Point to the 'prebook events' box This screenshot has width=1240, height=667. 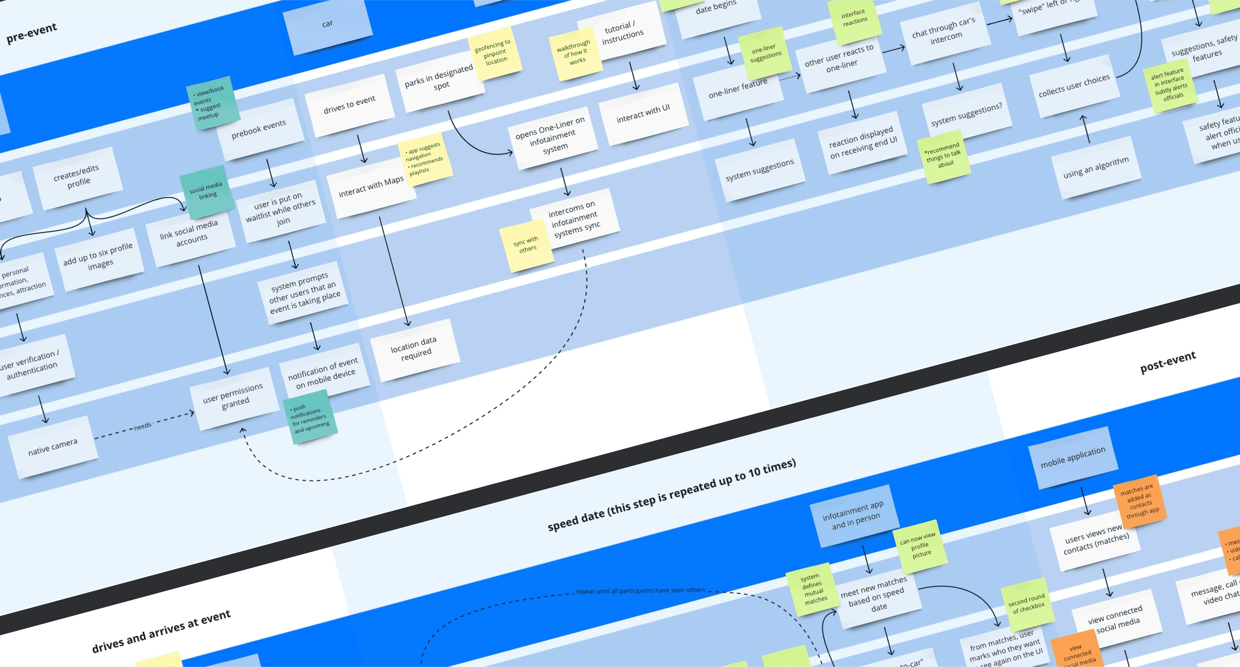click(260, 129)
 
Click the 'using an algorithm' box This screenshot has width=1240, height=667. click(1096, 168)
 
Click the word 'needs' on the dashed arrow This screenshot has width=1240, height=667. click(142, 426)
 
